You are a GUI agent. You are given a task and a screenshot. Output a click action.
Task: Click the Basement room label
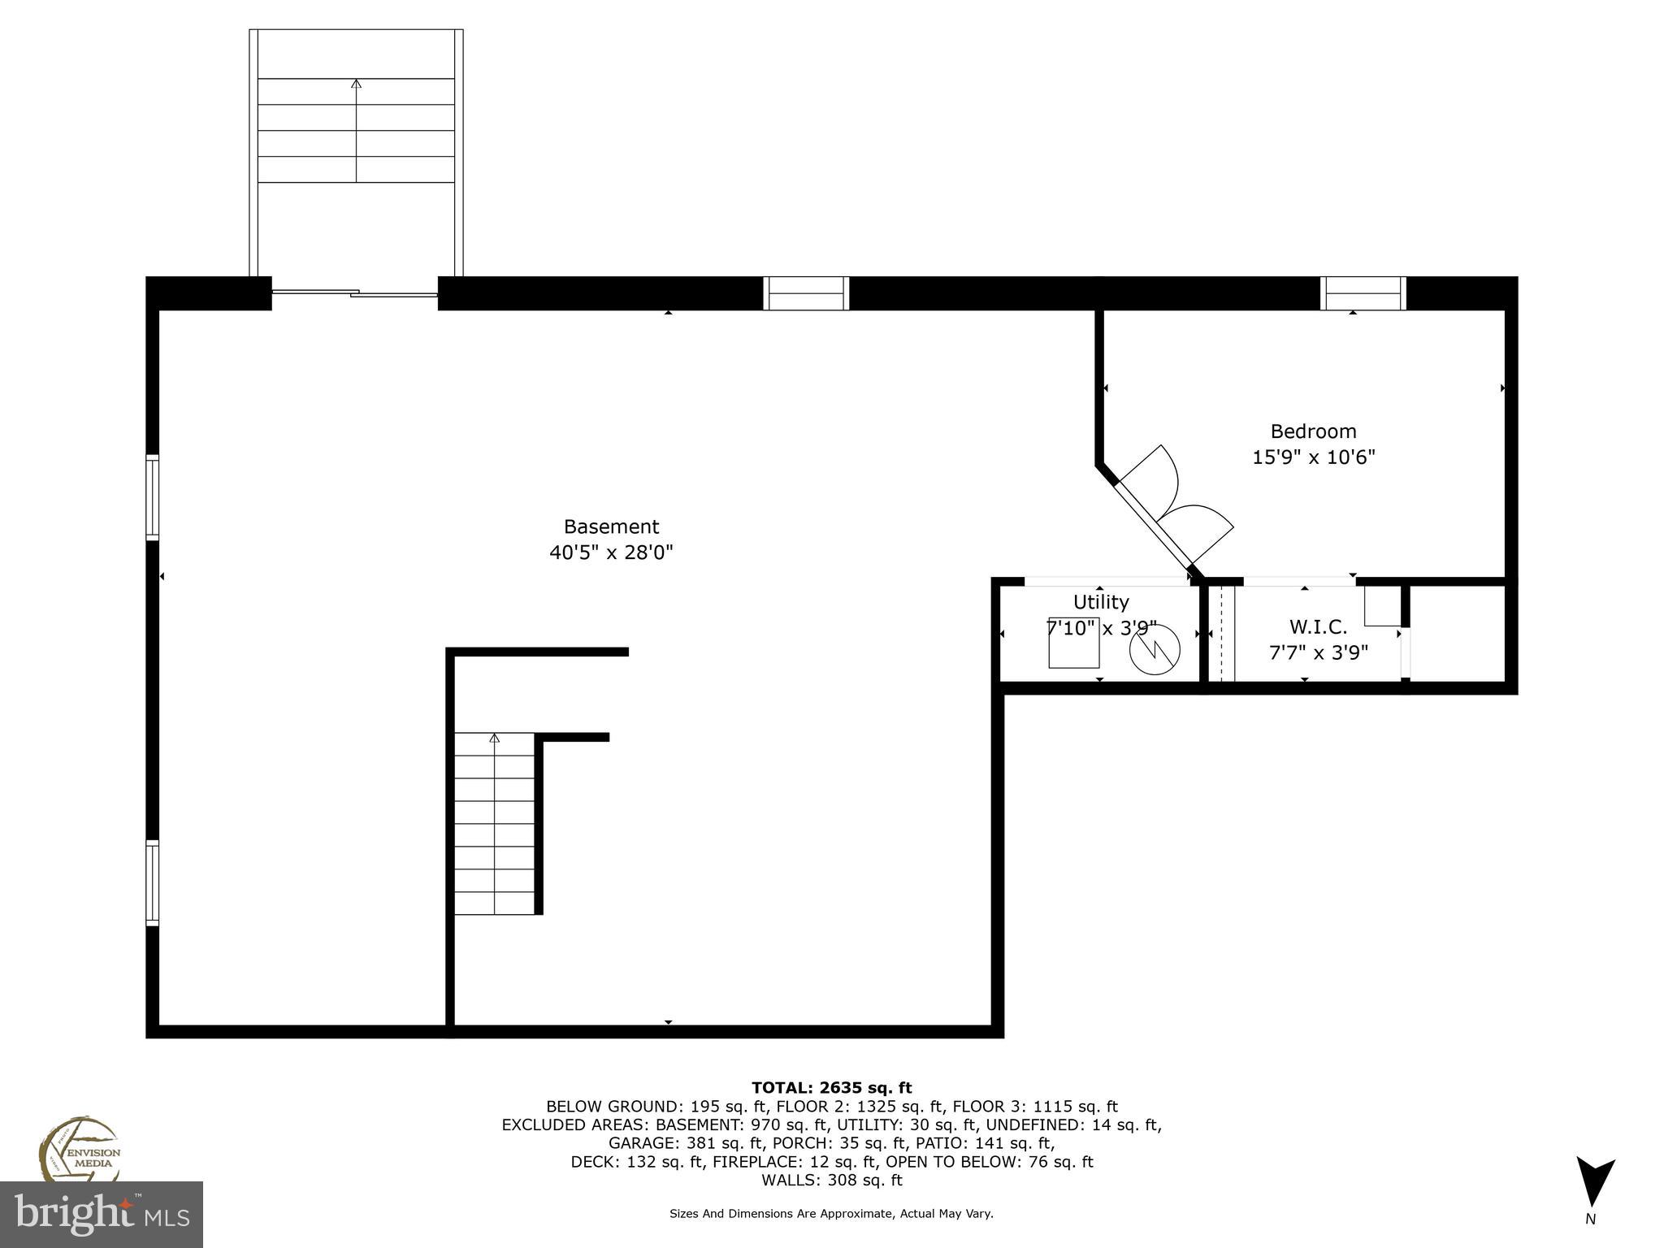[611, 526]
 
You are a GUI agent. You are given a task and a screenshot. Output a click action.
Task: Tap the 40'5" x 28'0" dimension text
[611, 552]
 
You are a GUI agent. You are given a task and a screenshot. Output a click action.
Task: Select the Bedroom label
[1313, 431]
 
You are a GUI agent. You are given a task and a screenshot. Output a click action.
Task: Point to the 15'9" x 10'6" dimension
[1313, 457]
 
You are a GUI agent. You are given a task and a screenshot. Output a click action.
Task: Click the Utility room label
[1100, 602]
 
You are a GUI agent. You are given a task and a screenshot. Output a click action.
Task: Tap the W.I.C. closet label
[1318, 626]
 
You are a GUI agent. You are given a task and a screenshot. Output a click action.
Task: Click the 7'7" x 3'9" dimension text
[1318, 652]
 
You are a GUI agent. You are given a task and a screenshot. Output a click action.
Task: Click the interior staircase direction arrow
[494, 738]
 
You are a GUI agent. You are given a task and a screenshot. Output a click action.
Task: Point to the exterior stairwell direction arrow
[356, 83]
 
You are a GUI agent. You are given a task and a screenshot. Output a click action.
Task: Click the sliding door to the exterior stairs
[355, 292]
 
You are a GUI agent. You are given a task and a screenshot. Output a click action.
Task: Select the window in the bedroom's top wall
[1363, 293]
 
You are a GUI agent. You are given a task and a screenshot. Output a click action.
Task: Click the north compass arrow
[1595, 1181]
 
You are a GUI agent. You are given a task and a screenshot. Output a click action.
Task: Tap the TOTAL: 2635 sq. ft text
[831, 1087]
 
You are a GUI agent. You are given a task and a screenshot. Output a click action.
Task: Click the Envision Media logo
[79, 1148]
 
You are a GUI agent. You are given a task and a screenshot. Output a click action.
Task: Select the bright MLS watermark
[101, 1215]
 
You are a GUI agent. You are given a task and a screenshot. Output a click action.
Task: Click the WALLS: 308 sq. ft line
[831, 1180]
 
